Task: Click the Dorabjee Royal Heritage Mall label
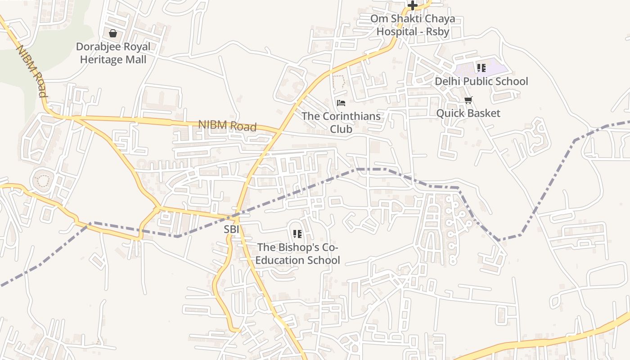113,53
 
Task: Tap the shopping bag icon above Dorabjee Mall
113,33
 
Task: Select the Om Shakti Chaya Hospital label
413,25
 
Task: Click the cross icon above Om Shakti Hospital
413,5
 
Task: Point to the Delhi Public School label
481,81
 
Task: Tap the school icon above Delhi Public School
481,68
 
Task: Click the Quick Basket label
468,113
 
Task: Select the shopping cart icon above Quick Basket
468,100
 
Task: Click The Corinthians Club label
341,122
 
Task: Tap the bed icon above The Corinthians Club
341,103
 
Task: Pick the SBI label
231,229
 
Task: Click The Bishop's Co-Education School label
298,254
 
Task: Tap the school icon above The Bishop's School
297,234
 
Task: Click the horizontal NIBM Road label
227,126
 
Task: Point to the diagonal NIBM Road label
32,71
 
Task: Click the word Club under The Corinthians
341,129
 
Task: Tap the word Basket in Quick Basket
483,113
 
